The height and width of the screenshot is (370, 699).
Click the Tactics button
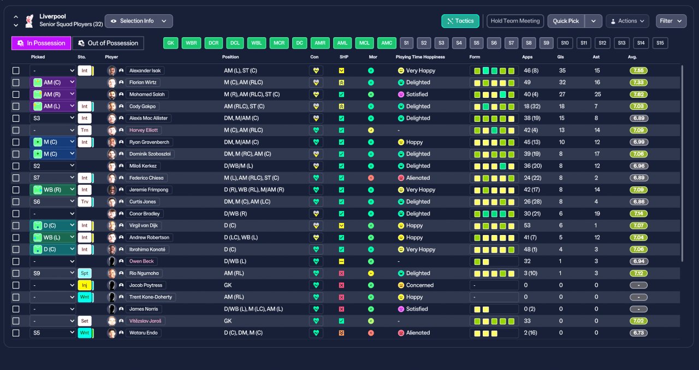(460, 21)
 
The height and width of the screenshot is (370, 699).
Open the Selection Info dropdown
(139, 21)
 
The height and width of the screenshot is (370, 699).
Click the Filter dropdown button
(671, 21)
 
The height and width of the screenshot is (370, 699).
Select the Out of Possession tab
(108, 43)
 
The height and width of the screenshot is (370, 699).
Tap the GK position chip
(170, 43)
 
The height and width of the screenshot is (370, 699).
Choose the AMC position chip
(387, 43)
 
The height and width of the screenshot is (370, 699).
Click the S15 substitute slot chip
(660, 43)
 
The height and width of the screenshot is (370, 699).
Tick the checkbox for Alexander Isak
(16, 71)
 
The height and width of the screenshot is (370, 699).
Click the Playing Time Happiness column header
(420, 57)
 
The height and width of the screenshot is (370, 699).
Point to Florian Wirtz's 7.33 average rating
(638, 83)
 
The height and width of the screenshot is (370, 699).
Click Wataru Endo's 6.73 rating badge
(638, 333)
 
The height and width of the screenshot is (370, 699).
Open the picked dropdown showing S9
(52, 273)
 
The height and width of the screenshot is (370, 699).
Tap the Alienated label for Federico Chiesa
(418, 178)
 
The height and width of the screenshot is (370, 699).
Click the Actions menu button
(627, 21)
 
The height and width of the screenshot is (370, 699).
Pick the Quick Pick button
(566, 21)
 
